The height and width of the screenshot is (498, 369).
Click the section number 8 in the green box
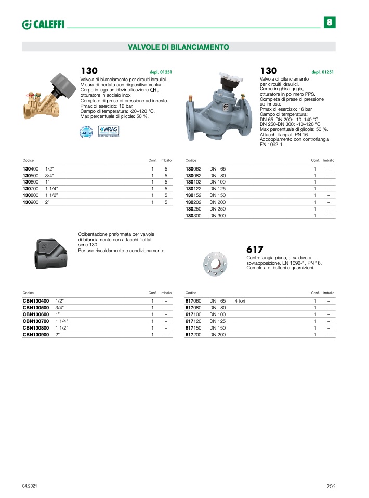tap(330, 23)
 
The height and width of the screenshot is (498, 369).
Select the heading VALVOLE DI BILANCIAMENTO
tap(178, 47)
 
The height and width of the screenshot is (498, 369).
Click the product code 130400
tap(31, 169)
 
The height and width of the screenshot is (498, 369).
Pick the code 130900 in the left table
tap(31, 202)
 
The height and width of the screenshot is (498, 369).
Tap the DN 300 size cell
tap(218, 215)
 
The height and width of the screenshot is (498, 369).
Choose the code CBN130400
tap(35, 301)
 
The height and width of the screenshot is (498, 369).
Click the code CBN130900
tap(35, 335)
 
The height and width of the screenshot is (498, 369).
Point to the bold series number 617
tap(255, 250)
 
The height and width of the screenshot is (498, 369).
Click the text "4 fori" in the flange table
tap(240, 301)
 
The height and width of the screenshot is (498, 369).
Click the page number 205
tap(331, 486)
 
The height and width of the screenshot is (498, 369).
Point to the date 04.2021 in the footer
tap(30, 486)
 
